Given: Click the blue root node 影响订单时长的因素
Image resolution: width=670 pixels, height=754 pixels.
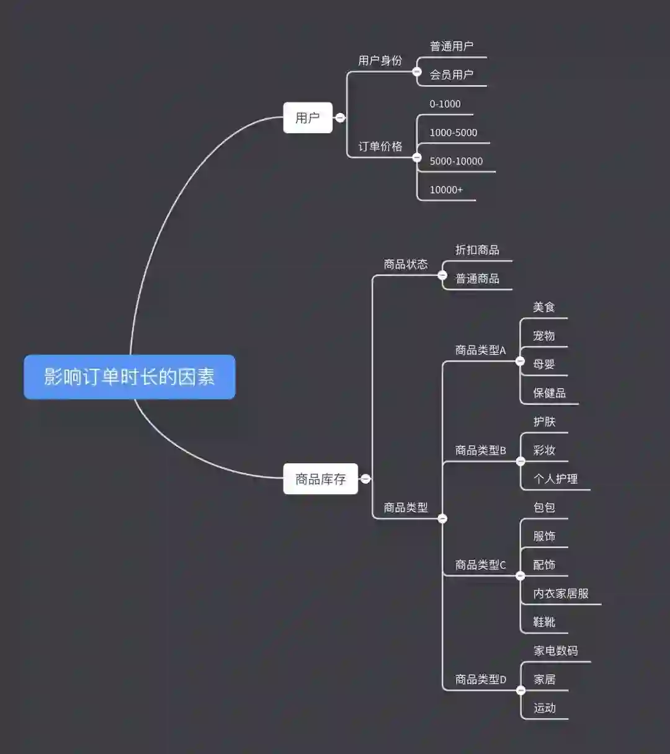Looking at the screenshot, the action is (129, 377).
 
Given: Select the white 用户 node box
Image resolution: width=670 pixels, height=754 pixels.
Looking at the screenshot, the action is (308, 118).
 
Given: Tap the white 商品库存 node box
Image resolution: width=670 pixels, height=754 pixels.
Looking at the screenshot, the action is (320, 479).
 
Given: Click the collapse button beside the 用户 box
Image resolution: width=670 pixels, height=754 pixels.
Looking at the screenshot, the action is (340, 117).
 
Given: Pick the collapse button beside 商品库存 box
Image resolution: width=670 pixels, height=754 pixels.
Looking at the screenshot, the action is (365, 479).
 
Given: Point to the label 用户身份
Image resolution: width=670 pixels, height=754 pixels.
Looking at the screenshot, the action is (380, 61).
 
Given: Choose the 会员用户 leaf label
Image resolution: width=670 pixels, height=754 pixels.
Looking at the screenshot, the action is (452, 75).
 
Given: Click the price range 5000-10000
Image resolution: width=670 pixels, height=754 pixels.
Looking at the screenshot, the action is (456, 161).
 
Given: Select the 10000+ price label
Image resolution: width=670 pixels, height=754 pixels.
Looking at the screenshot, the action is (446, 190).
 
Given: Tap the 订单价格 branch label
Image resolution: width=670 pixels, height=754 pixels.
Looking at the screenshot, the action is (380, 146).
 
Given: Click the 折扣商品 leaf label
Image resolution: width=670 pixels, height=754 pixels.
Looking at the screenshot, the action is (477, 250).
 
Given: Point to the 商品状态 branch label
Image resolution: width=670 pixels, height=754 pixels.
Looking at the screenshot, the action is (406, 264).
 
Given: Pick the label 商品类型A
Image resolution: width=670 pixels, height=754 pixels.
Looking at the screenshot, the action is (480, 350).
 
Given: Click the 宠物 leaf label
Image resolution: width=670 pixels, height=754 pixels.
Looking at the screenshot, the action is (544, 336).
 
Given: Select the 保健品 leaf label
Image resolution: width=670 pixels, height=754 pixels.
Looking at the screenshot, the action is (549, 393).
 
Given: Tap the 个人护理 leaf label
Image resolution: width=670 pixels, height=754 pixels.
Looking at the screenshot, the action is (555, 479).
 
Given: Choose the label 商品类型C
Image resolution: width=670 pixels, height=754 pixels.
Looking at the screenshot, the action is (480, 565).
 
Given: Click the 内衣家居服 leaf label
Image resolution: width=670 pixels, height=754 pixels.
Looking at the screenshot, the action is (561, 593).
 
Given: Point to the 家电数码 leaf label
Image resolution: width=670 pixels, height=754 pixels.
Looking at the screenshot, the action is (555, 650).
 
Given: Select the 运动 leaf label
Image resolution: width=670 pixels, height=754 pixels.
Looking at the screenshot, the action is (544, 708).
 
